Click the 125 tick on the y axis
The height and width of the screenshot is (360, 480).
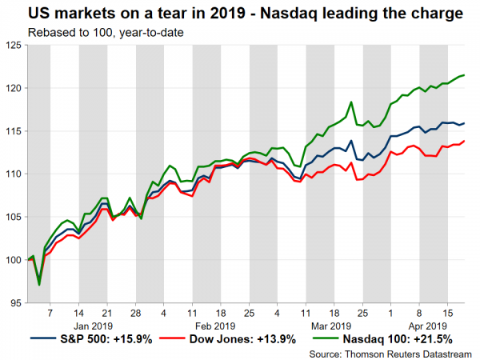coord(14,46)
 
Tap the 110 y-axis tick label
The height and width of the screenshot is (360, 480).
coord(14,174)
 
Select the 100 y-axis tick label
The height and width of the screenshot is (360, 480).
coord(14,260)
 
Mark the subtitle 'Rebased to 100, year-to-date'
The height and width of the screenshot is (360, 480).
coord(94,32)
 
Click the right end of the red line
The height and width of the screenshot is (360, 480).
coord(466,141)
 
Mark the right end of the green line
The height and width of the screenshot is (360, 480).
coord(466,75)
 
